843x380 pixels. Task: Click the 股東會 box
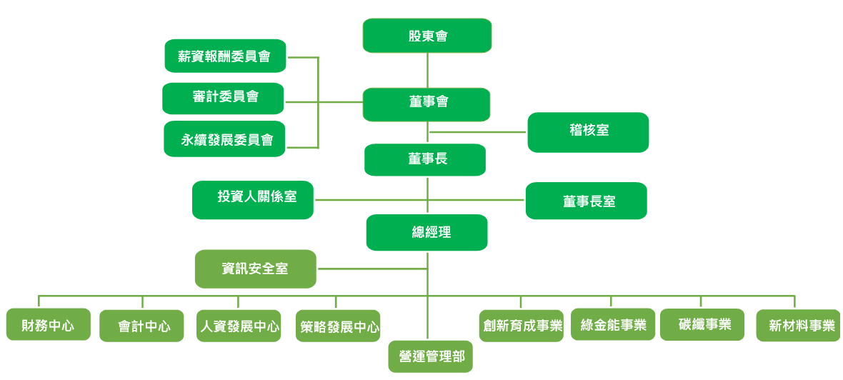[427, 36]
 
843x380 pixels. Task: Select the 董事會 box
[427, 104]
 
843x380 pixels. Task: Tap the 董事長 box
[425, 160]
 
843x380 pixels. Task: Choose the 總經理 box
[427, 232]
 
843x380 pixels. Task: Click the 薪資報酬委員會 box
[225, 56]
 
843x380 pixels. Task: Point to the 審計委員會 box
[223, 99]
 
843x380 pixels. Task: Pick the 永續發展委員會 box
[224, 139]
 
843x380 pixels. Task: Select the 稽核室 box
[588, 132]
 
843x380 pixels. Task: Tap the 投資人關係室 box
[253, 200]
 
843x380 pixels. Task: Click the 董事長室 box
[587, 201]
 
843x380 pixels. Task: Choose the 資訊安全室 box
[256, 269]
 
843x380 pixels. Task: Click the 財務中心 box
[49, 324]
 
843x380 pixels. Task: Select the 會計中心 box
[141, 326]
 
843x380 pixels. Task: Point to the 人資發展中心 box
[239, 326]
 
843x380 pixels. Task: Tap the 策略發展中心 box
[338, 326]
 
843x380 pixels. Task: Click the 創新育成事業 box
[522, 325]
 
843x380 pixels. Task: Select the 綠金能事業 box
[613, 324]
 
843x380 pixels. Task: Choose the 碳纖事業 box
[702, 324]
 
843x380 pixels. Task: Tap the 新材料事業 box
[799, 325]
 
